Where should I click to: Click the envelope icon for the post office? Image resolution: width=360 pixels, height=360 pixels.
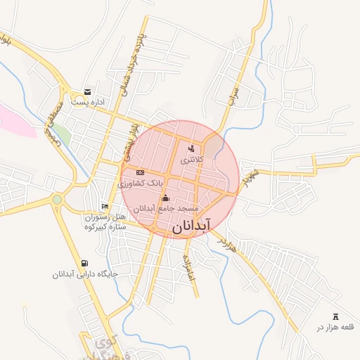pos(87,91)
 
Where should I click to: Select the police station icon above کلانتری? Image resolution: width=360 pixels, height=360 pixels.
pos(191,148)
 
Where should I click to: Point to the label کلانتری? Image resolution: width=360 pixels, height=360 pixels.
pos(191,160)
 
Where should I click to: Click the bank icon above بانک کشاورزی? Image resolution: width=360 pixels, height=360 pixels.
pos(140,172)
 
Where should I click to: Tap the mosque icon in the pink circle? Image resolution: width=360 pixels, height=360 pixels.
pos(166,198)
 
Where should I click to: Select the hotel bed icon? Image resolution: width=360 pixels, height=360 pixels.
pos(105,206)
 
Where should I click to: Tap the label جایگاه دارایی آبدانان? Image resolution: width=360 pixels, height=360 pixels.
pos(78,274)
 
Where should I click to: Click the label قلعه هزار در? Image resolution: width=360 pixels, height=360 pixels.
pos(328,328)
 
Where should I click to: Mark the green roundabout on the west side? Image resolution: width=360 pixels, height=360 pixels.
pos(57,200)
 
